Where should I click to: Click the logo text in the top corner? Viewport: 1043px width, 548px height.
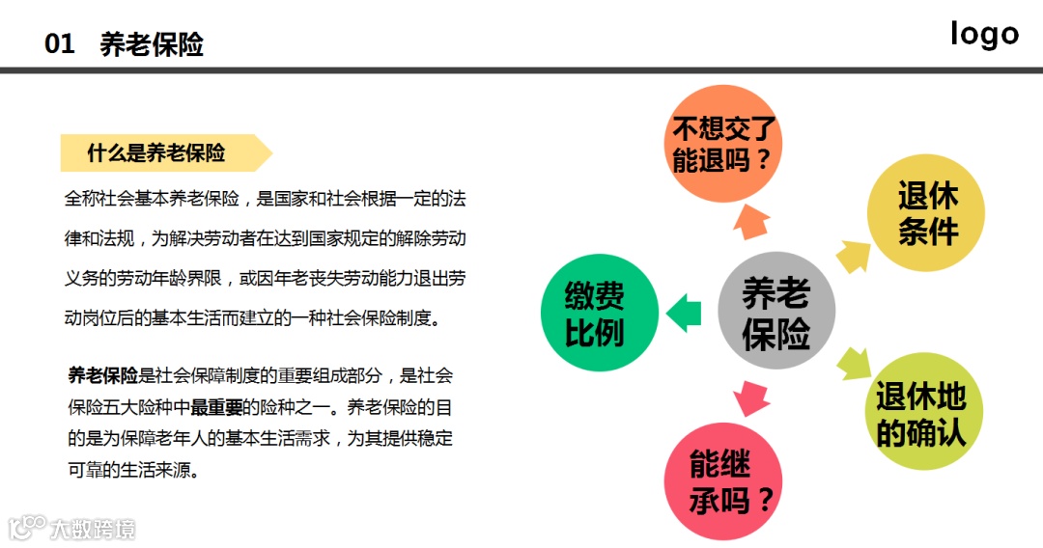(x=984, y=34)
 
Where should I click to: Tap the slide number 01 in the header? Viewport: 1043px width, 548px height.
(x=60, y=44)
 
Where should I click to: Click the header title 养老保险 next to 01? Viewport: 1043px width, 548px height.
(x=152, y=44)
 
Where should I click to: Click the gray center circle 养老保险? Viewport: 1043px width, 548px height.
(x=775, y=312)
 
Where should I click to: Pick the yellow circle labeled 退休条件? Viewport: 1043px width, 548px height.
(x=927, y=213)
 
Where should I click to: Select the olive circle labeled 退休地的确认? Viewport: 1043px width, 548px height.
(x=920, y=414)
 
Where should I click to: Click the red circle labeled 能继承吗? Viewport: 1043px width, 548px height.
(x=721, y=479)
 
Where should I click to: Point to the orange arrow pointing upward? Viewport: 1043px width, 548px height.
(x=750, y=221)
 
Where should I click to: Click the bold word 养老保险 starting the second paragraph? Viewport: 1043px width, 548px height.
(x=102, y=375)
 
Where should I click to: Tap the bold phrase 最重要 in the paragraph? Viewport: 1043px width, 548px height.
(x=216, y=406)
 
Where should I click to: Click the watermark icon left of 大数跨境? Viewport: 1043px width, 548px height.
(x=26, y=527)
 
